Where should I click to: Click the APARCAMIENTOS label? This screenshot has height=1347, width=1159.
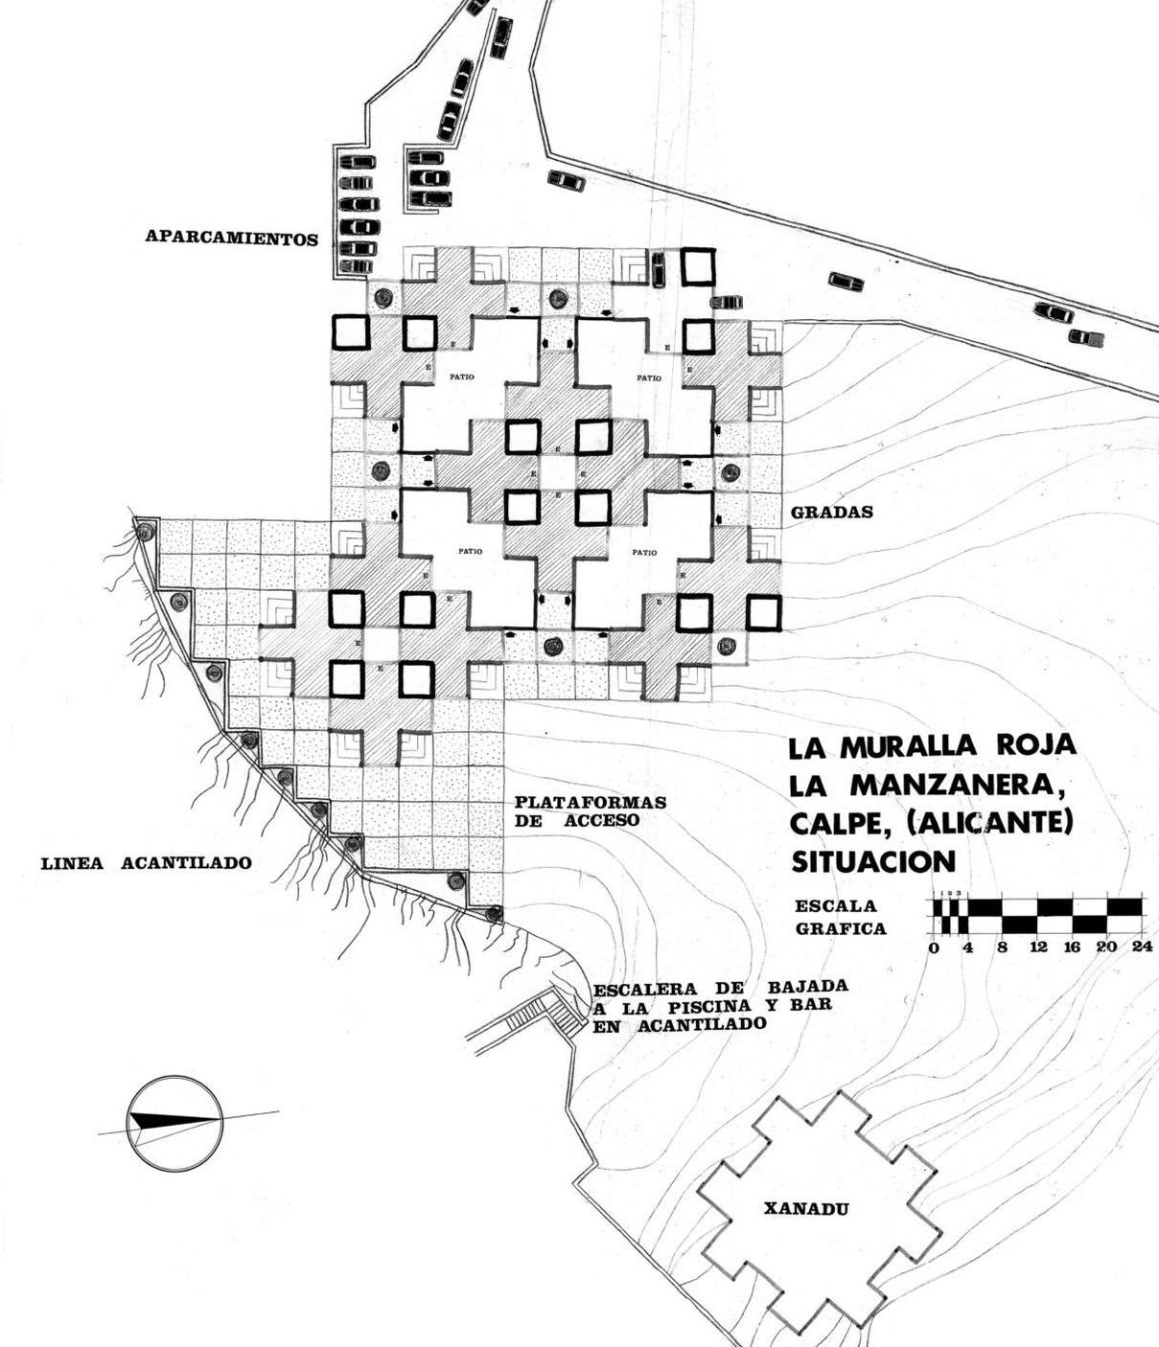tap(231, 237)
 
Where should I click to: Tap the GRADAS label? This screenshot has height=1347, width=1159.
tap(831, 512)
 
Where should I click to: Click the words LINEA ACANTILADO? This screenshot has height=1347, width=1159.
tap(146, 863)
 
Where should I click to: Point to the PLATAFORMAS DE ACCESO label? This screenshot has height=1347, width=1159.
tap(590, 811)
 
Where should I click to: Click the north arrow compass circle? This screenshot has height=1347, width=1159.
tap(174, 1123)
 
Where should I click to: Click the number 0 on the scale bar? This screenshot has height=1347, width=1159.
tap(934, 947)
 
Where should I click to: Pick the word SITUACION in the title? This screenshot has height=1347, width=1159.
tap(873, 861)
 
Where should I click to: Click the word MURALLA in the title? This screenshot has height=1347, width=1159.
tap(904, 746)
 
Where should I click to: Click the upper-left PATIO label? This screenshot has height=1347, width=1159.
tap(461, 377)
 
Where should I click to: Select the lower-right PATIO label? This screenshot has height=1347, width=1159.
tap(644, 553)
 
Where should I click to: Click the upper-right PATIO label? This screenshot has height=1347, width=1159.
tap(649, 378)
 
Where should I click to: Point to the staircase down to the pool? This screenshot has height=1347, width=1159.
tap(546, 1013)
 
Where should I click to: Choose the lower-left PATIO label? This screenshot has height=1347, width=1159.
tap(470, 552)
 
